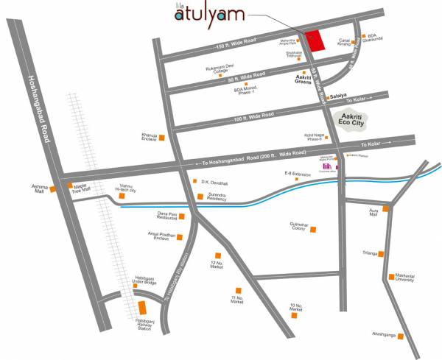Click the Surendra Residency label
point(221,197)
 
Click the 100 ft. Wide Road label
point(252,116)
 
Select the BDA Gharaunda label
point(377,39)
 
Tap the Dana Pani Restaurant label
point(166,216)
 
